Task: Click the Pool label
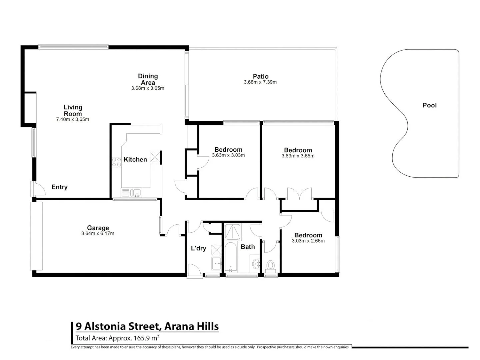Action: [x=429, y=105]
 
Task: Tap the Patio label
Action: [x=260, y=76]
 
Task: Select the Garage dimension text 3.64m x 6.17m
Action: [x=98, y=234]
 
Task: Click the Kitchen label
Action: [x=135, y=160]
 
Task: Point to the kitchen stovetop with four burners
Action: [x=117, y=162]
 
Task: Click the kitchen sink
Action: [x=136, y=193]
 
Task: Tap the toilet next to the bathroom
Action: [x=270, y=266]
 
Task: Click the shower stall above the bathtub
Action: [x=233, y=232]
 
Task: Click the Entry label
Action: [x=59, y=187]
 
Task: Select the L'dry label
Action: [x=198, y=248]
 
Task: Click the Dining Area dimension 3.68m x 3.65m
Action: [x=147, y=88]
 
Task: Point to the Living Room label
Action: [x=73, y=110]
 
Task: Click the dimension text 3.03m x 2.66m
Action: [x=308, y=241]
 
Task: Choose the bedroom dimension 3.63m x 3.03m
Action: [x=228, y=155]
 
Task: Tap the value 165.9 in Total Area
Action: [x=142, y=338]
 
